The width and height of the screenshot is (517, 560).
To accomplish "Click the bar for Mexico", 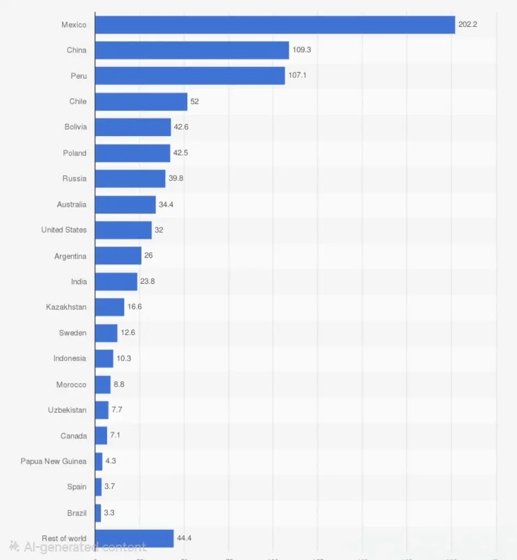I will click(x=274, y=25).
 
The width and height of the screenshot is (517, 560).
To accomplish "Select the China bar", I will click(x=191, y=50).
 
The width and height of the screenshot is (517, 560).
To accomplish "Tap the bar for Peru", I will click(x=190, y=75).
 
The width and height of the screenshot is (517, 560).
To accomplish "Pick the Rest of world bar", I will click(x=134, y=538).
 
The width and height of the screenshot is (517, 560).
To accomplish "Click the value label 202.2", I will click(x=468, y=25).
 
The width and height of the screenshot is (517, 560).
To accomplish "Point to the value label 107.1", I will click(x=297, y=75).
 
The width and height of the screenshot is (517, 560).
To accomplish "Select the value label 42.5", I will click(x=181, y=153).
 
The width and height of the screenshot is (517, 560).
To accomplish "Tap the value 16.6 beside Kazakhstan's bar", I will click(x=134, y=307).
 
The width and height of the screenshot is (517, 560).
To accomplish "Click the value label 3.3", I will click(x=109, y=512).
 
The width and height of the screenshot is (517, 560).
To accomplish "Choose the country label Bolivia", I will click(x=75, y=127).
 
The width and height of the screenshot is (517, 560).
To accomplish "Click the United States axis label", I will click(x=64, y=230).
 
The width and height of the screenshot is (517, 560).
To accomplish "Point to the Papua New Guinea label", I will click(x=54, y=461).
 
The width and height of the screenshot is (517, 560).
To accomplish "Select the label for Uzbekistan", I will click(x=67, y=410).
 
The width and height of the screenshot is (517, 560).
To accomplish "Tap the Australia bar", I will click(x=125, y=205).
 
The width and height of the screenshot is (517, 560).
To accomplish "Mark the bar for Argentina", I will click(x=118, y=255).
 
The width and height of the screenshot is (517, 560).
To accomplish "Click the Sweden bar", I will click(x=106, y=332).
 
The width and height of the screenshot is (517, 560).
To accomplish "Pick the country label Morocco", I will click(x=71, y=384).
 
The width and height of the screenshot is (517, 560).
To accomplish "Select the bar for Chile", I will click(x=141, y=101).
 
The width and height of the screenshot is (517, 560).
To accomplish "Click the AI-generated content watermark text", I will click(x=85, y=546).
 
